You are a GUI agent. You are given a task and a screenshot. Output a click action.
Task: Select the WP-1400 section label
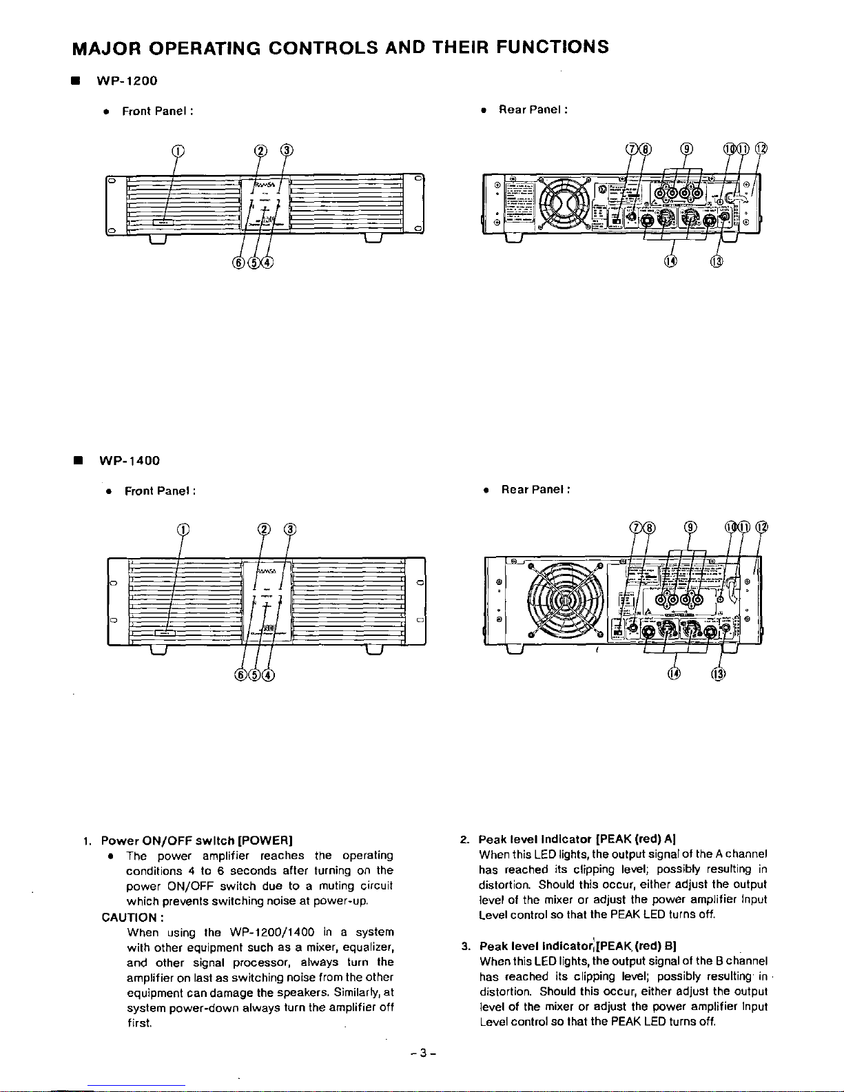130,460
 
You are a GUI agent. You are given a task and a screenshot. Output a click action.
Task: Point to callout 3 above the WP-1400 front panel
290,529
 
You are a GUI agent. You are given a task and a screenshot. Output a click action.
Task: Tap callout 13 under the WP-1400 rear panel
717,673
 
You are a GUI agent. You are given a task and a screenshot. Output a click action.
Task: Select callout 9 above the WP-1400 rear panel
690,528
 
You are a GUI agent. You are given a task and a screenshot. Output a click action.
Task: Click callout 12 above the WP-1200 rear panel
761,150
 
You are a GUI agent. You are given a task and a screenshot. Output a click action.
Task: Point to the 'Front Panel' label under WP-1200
154,111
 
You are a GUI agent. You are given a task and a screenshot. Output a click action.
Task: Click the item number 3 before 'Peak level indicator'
465,946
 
